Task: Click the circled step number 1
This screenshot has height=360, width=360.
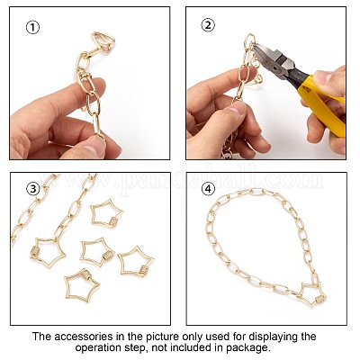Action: point(32,28)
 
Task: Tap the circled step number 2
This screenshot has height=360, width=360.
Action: point(208,25)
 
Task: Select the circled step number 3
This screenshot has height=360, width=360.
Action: point(33,189)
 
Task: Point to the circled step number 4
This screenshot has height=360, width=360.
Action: point(208,189)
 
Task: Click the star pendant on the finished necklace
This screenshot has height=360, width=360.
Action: point(313,294)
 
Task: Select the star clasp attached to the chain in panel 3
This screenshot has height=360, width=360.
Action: point(48,251)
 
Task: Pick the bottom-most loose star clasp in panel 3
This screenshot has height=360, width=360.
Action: point(81,285)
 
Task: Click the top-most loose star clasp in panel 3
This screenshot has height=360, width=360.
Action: point(107,213)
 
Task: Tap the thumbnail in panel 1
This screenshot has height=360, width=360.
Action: point(95,147)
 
